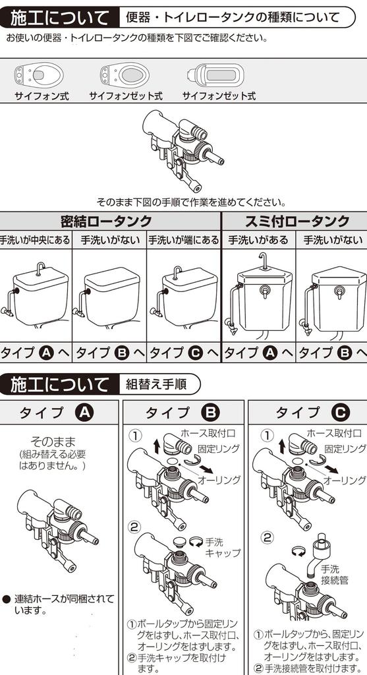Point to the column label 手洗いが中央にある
35,241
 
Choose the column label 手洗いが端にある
183,241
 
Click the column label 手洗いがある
258,241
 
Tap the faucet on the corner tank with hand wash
263,261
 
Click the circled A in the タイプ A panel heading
85,413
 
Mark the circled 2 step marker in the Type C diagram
267,537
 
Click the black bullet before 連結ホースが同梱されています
6,600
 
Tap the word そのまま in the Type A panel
53,441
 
